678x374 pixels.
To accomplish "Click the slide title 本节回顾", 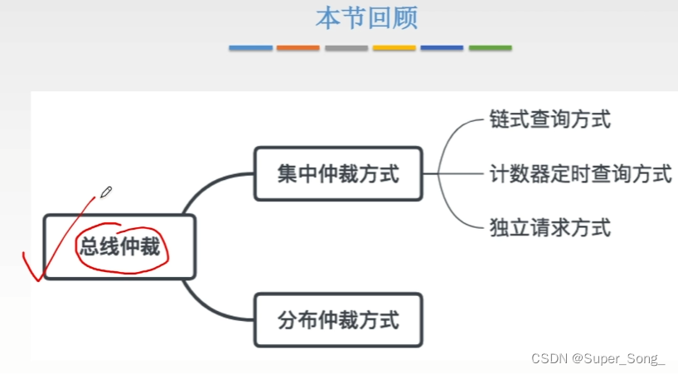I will (367, 18).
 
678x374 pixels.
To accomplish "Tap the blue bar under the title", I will (250, 48).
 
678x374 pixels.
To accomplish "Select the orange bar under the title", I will (298, 48).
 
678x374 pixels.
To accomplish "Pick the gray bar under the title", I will (346, 48).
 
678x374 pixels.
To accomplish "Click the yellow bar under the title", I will (394, 48).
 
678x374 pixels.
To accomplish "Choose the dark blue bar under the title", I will (442, 48).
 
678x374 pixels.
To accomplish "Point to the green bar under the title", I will (490, 48).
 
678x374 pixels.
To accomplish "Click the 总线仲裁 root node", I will (119, 246).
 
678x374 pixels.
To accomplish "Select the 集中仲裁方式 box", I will (338, 174).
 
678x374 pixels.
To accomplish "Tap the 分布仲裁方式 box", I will (338, 319).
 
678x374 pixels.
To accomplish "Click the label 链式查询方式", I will (550, 119).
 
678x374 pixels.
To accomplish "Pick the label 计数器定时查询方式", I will (580, 174).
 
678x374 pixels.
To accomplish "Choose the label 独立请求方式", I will (550, 226).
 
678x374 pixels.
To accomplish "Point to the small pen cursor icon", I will (105, 193).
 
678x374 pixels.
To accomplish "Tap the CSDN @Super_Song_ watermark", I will (598, 359).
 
